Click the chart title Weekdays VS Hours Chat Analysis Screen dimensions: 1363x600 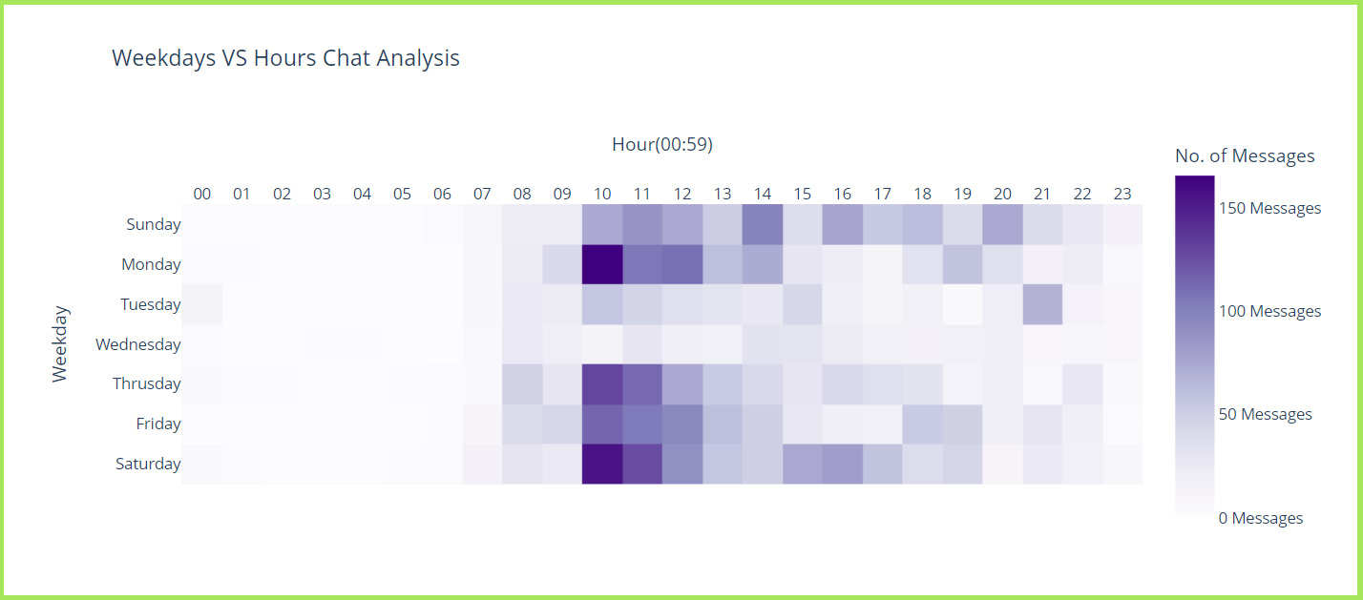pyautogui.click(x=285, y=58)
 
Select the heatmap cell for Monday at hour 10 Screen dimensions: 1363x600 pyautogui.click(x=602, y=264)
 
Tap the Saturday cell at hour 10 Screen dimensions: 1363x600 pyautogui.click(x=602, y=465)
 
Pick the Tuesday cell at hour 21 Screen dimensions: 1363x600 pyautogui.click(x=1043, y=304)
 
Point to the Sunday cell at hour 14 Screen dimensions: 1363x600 pyautogui.click(x=763, y=224)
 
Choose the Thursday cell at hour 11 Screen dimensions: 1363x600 pyautogui.click(x=642, y=384)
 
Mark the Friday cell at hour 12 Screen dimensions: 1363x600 pyautogui.click(x=682, y=424)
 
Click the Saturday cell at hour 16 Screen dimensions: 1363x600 pyautogui.click(x=843, y=465)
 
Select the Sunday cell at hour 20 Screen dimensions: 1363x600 pyautogui.click(x=1003, y=224)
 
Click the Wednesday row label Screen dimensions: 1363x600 pyautogui.click(x=138, y=344)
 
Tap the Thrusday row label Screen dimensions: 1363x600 pyautogui.click(x=147, y=384)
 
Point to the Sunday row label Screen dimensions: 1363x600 pyautogui.click(x=154, y=224)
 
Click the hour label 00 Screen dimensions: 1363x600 pyautogui.click(x=202, y=194)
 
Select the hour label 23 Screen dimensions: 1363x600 pyautogui.click(x=1122, y=194)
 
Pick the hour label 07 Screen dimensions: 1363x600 pyautogui.click(x=482, y=194)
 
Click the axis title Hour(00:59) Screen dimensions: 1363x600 pyautogui.click(x=662, y=144)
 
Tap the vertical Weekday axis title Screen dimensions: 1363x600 pyautogui.click(x=59, y=344)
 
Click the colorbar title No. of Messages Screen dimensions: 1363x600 pyautogui.click(x=1245, y=156)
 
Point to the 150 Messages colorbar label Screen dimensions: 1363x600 pyautogui.click(x=1269, y=209)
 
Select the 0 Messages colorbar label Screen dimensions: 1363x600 pyautogui.click(x=1261, y=519)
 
